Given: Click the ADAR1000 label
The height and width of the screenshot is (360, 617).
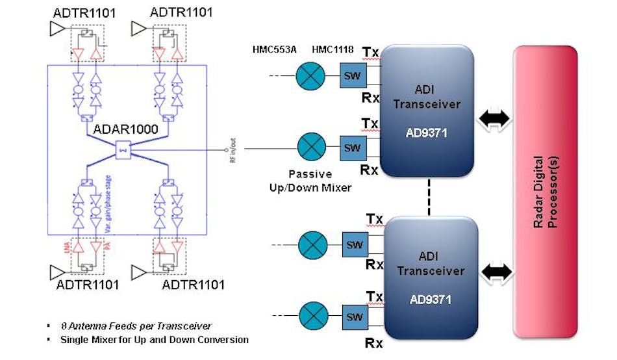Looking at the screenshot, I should pos(125,129).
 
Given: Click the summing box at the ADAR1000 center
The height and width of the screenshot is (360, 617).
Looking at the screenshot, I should pos(124,151).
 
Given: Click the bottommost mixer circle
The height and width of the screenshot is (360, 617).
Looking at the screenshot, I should pos(312,317).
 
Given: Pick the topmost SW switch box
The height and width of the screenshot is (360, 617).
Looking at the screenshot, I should pos(353,77).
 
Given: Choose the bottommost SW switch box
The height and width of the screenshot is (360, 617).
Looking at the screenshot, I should pos(355,317).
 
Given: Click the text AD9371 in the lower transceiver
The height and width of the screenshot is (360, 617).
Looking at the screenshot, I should pos(431,300).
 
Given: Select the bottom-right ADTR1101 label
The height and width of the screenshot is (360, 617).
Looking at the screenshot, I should pos(194,285).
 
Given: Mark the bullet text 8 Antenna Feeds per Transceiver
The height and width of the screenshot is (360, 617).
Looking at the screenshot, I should pos(136,326).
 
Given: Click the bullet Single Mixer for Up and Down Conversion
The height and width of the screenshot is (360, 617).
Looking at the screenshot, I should pos(154,339).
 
